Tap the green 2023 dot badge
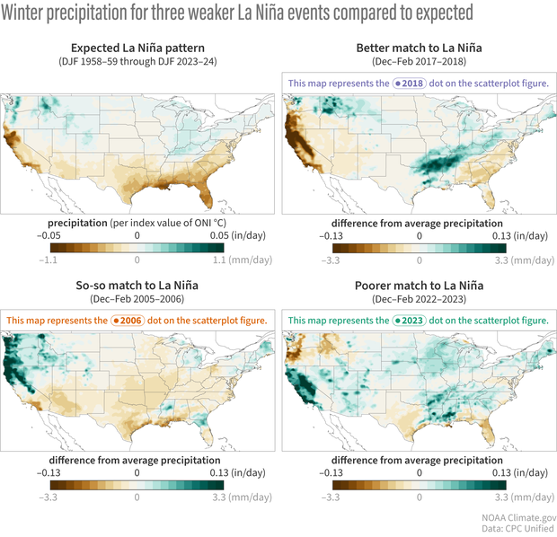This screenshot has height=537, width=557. tap(411, 321)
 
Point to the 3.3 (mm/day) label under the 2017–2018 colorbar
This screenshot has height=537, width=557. tap(518, 259)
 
